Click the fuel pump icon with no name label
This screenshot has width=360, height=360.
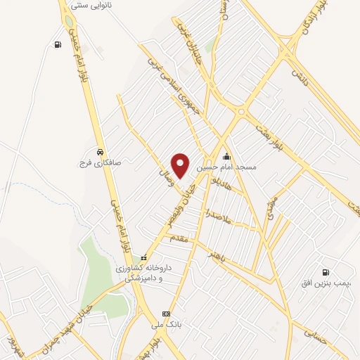[56, 45]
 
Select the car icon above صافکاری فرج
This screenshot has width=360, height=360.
[101, 152]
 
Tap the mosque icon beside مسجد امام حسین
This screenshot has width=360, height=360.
[226, 157]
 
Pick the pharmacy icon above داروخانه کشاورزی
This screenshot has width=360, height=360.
[144, 257]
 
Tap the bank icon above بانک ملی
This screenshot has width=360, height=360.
[166, 314]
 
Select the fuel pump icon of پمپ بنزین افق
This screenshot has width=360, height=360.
[325, 272]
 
